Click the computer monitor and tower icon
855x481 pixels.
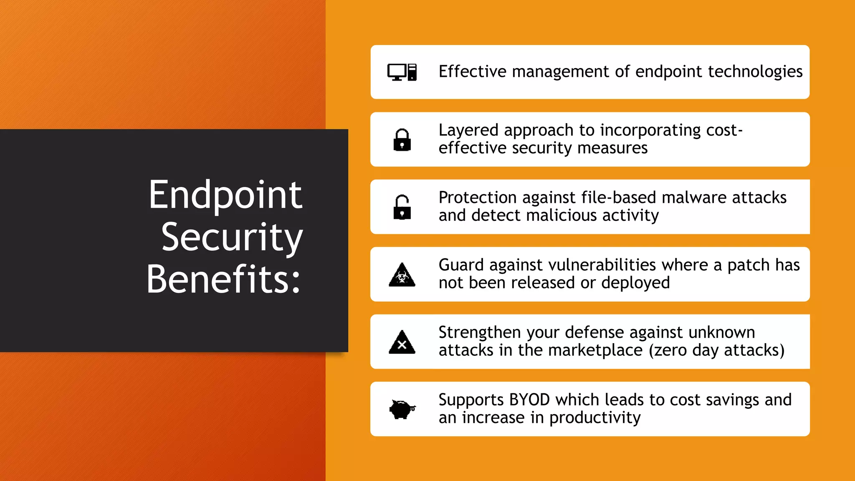pos(402,72)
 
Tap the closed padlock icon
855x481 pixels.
pos(402,140)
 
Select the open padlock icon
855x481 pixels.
pos(402,207)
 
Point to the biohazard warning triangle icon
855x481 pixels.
pos(402,275)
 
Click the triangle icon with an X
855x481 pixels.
pos(402,342)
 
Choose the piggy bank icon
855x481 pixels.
pos(402,409)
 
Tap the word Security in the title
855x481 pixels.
pos(232,237)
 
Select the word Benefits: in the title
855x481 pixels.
pos(223,279)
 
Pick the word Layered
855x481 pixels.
pos(468,130)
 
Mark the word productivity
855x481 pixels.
pos(595,418)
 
